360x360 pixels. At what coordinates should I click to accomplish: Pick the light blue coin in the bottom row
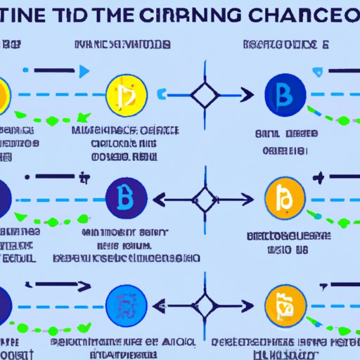point(125,304)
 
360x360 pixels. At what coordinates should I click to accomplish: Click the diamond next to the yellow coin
point(203,94)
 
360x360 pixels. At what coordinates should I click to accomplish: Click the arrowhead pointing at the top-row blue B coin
point(245,94)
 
